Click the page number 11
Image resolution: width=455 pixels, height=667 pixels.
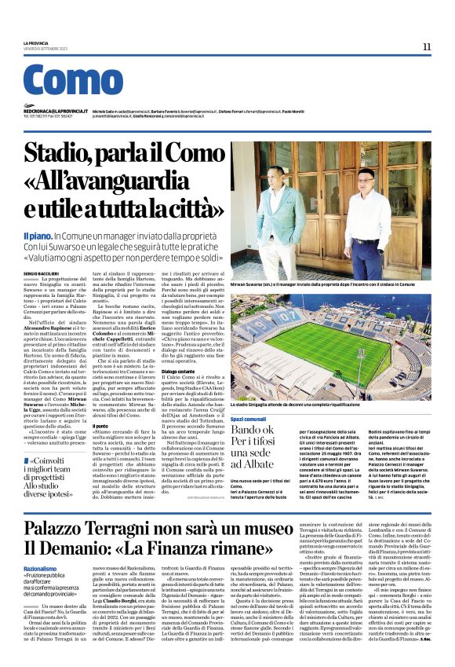[x=426, y=46]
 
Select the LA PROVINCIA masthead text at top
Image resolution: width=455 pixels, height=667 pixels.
[x=41, y=43]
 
